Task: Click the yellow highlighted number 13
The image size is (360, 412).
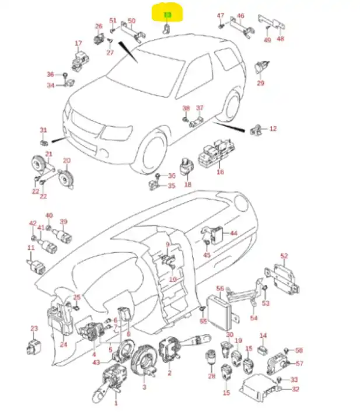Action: point(167,15)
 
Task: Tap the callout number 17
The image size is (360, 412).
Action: point(78,44)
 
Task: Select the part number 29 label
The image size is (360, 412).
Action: point(260,83)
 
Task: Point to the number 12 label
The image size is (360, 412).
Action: point(272,128)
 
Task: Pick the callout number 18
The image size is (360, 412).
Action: point(188,184)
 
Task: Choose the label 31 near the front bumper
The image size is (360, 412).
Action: point(43,130)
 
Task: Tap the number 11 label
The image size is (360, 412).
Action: point(30,248)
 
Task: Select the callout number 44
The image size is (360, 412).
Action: point(233,233)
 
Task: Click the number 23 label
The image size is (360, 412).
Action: point(34,329)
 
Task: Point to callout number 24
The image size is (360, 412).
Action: point(64,344)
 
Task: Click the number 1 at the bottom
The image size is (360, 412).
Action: point(116,403)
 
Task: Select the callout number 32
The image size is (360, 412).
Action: point(296,389)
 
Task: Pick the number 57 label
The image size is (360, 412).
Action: point(300,364)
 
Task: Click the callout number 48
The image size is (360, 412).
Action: point(281,39)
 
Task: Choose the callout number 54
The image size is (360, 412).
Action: point(253,318)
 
